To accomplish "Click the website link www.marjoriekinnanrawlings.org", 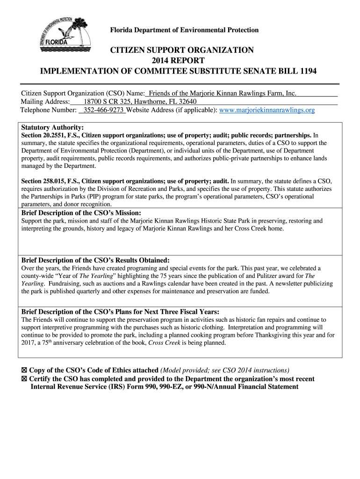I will point(266,110).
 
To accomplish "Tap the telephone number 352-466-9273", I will point(103,110).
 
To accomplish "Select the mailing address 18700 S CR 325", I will point(108,102).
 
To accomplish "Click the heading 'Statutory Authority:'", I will point(53,128).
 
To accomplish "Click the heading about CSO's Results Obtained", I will point(95,260).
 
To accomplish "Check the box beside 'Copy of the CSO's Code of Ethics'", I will point(24,370).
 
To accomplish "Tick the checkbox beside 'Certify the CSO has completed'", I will point(24,379).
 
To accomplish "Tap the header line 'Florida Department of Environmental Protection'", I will point(184,30).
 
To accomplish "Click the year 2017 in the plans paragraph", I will point(29,343).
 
